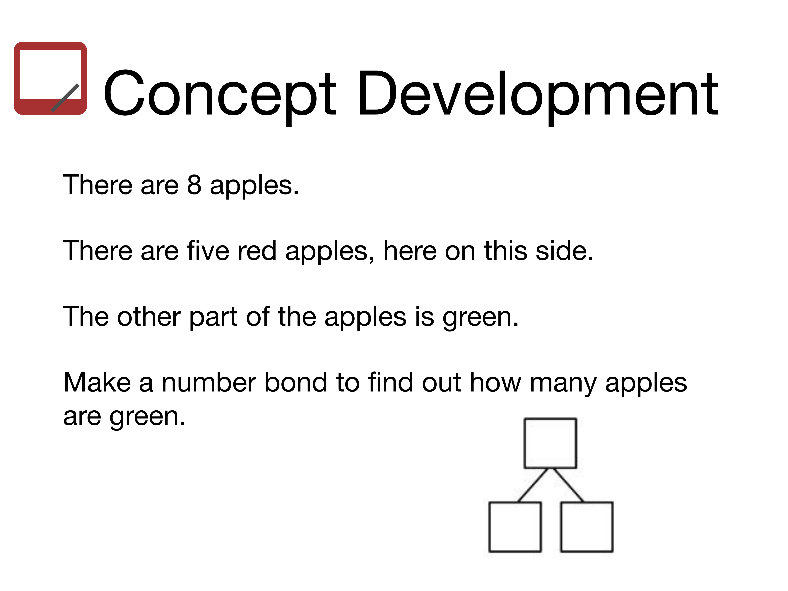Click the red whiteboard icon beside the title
(x=50, y=78)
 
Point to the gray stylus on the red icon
(x=65, y=98)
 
